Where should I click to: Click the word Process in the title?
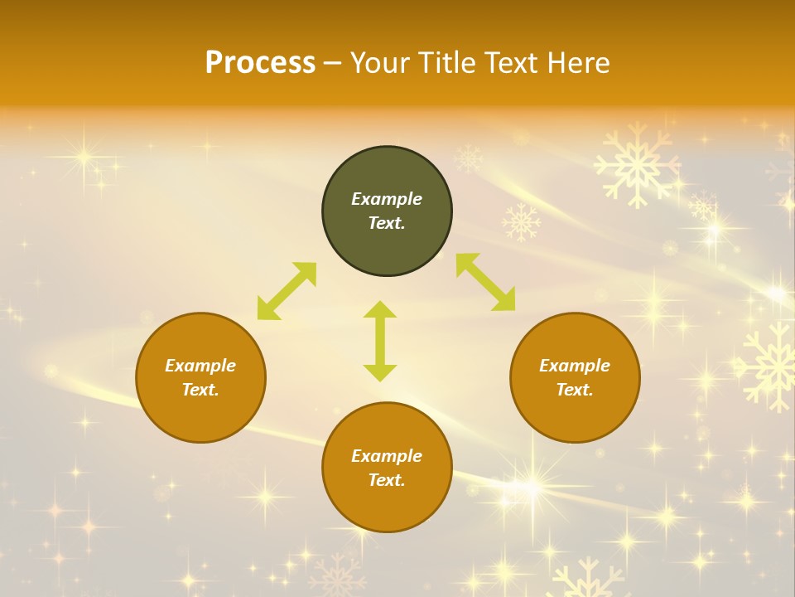[260, 63]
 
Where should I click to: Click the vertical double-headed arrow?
[380, 341]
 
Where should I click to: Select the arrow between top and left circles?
[287, 291]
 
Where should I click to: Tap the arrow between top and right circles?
[485, 282]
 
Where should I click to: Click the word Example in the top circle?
[387, 199]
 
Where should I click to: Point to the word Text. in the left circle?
[200, 390]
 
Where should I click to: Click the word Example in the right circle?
[575, 366]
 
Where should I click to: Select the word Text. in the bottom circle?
[387, 480]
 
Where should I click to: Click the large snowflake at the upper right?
[636, 165]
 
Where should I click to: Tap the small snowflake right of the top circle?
[521, 221]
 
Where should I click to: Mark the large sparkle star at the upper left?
[83, 156]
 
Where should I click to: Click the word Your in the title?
[382, 63]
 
